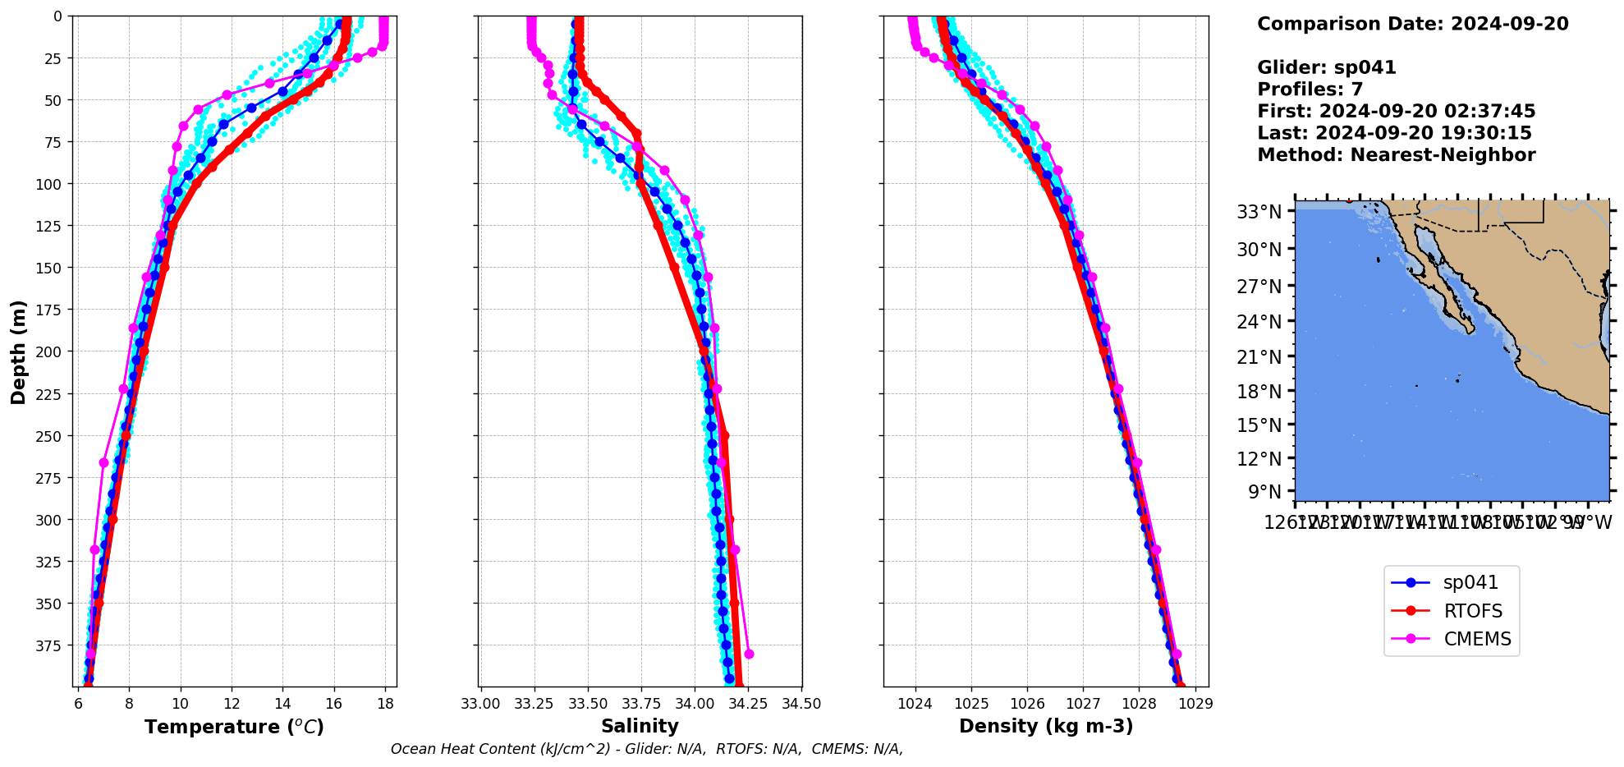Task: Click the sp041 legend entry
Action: [x=1470, y=583]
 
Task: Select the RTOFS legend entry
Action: [x=1472, y=611]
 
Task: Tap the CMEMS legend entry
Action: [x=1476, y=639]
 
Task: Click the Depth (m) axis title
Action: [x=18, y=351]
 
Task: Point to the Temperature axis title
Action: [x=234, y=727]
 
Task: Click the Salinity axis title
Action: [x=640, y=726]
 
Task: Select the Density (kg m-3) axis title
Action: [x=1045, y=726]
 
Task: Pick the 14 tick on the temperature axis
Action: [x=282, y=704]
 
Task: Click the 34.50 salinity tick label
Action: [x=801, y=704]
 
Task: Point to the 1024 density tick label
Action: [x=915, y=704]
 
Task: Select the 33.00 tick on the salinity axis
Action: [x=481, y=704]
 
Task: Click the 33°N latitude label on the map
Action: [x=1259, y=213]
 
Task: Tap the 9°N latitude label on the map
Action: [x=1264, y=492]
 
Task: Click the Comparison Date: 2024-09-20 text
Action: [x=1412, y=24]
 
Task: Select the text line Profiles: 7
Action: [x=1310, y=90]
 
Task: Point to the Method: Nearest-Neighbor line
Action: [x=1396, y=155]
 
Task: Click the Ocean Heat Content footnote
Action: [x=647, y=749]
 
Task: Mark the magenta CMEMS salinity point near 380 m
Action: [x=748, y=654]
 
